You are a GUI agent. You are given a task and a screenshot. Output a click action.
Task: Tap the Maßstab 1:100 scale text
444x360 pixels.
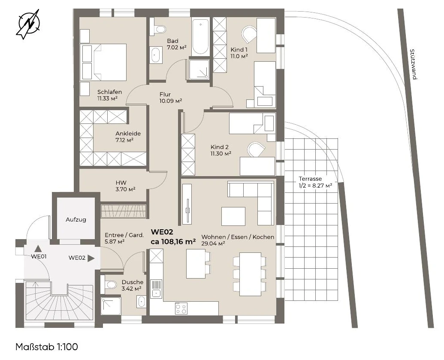point(47,347)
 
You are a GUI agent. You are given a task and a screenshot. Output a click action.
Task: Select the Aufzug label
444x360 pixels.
point(76,219)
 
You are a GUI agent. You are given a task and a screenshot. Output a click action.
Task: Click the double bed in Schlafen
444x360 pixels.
point(103,62)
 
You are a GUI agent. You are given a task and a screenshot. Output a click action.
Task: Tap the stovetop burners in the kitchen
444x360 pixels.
point(181,308)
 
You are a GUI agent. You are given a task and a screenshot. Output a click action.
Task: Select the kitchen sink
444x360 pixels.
point(156,289)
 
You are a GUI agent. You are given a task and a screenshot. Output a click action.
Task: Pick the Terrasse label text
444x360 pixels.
point(310,179)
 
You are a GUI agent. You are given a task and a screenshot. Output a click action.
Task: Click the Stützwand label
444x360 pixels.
point(413,64)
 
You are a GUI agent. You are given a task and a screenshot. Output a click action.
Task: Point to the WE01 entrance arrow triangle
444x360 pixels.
point(38,249)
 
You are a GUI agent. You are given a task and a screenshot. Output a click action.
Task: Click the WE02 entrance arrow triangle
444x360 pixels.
point(91,258)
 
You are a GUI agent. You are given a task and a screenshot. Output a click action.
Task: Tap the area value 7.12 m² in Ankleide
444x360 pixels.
point(124,140)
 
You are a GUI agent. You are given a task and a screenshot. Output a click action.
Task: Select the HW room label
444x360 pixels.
point(121,183)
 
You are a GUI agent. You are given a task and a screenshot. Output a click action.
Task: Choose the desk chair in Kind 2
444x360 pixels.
point(256,149)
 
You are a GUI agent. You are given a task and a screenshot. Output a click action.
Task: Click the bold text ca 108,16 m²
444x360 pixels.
point(173,242)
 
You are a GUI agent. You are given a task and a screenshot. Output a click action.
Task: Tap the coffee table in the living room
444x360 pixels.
point(233,216)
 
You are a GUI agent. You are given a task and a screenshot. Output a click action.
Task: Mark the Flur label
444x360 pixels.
point(165,94)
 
